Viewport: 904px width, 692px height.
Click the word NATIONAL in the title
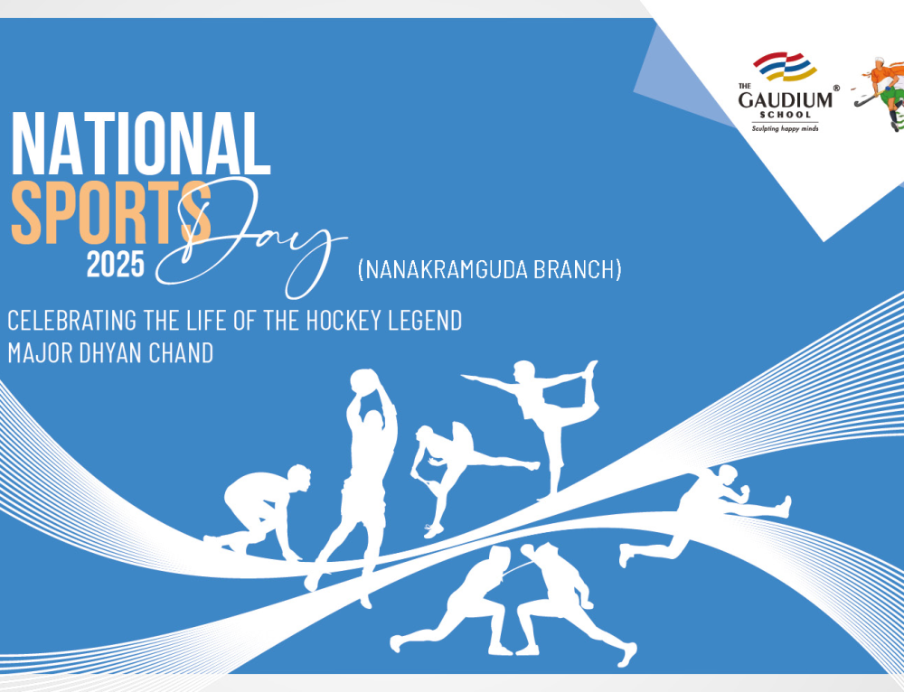point(141,144)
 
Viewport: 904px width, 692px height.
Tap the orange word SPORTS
point(110,213)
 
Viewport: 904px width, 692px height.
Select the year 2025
point(116,265)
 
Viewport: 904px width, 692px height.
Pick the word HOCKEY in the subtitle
point(343,321)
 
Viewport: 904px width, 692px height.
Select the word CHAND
point(181,352)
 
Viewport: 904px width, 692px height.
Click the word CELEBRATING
point(72,321)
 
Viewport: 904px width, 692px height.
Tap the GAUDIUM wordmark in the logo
point(786,99)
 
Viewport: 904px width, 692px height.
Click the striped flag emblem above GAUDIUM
point(785,66)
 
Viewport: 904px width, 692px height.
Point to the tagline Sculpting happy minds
point(785,128)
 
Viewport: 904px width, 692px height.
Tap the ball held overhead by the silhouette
point(364,382)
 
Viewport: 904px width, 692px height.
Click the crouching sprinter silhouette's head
point(299,477)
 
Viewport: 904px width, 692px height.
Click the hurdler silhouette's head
point(727,475)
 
